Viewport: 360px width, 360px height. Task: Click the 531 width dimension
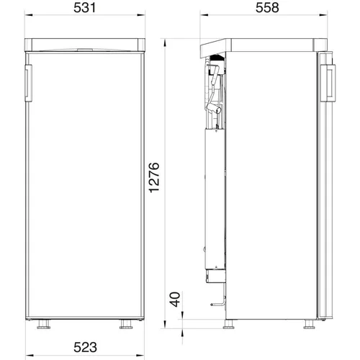pos(84,8)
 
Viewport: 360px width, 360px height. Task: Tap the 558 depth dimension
pos(267,8)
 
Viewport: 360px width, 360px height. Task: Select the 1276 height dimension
pos(154,178)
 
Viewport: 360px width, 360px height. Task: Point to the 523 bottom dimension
pos(85,347)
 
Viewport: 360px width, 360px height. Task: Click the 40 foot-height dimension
pos(175,300)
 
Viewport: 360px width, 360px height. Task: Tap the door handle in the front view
pos(29,83)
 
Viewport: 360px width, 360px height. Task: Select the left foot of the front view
pos(44,324)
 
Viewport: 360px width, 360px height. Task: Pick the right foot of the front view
pos(126,324)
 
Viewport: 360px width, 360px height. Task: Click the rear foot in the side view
pos(229,324)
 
